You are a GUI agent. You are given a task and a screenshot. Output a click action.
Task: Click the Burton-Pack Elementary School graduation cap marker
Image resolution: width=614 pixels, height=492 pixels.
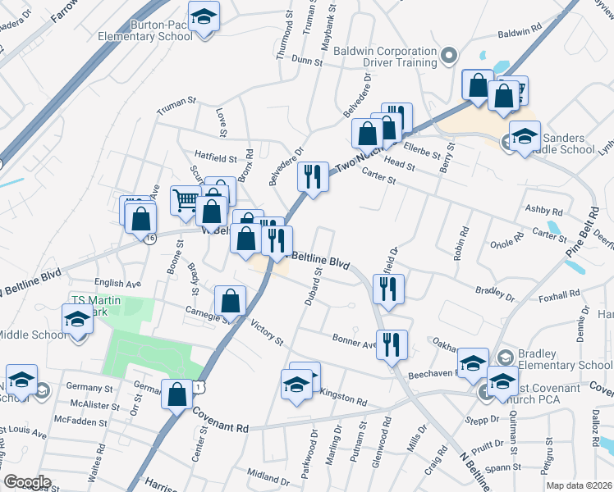[x=204, y=17]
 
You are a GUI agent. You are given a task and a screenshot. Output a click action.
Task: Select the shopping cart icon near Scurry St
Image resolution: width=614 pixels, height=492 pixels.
[x=186, y=199]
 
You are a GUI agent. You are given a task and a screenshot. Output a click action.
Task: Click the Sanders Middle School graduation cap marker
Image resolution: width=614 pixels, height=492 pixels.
[x=525, y=137]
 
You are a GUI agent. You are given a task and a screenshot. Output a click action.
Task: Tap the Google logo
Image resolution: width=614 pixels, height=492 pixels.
[x=27, y=482]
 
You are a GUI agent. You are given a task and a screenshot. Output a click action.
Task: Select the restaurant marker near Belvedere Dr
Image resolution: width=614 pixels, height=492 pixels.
[x=312, y=175]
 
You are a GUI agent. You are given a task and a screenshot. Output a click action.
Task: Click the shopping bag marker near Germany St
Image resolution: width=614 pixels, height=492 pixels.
[x=177, y=394]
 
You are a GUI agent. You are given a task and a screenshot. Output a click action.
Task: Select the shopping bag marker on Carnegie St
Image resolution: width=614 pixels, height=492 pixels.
[x=231, y=300]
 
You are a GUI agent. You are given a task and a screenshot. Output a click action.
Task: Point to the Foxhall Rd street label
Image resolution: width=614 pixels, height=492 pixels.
[x=561, y=293]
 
